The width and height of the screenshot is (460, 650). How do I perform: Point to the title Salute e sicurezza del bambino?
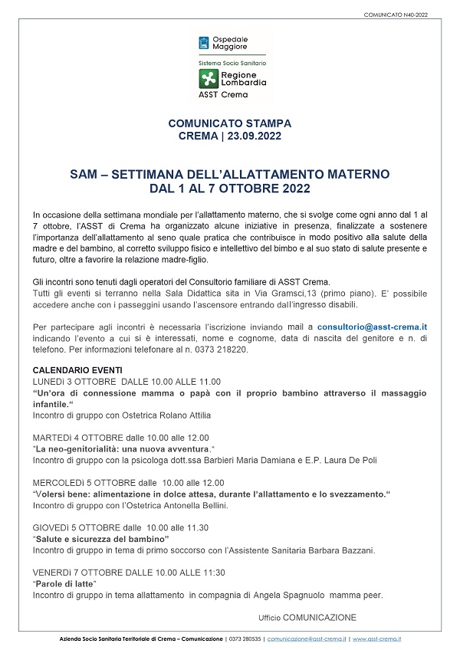[x=103, y=539]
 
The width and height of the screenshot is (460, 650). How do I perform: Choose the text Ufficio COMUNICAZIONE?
[x=307, y=617]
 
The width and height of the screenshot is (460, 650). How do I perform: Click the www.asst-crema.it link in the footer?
[x=377, y=639]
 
